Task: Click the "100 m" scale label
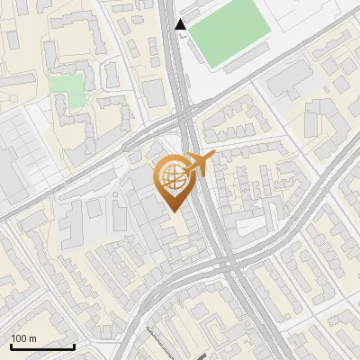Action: tap(23, 338)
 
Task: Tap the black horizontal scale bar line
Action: tap(42, 347)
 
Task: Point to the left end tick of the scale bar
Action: tap(11, 346)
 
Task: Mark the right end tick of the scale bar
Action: tap(74, 346)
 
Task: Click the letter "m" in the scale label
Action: tap(31, 338)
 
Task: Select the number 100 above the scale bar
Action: tap(19, 338)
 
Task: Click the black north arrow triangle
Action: tap(182, 23)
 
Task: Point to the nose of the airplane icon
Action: tap(213, 156)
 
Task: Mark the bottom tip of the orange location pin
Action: tap(171, 211)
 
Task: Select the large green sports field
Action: tap(229, 31)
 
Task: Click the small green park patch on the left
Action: tap(65, 86)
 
